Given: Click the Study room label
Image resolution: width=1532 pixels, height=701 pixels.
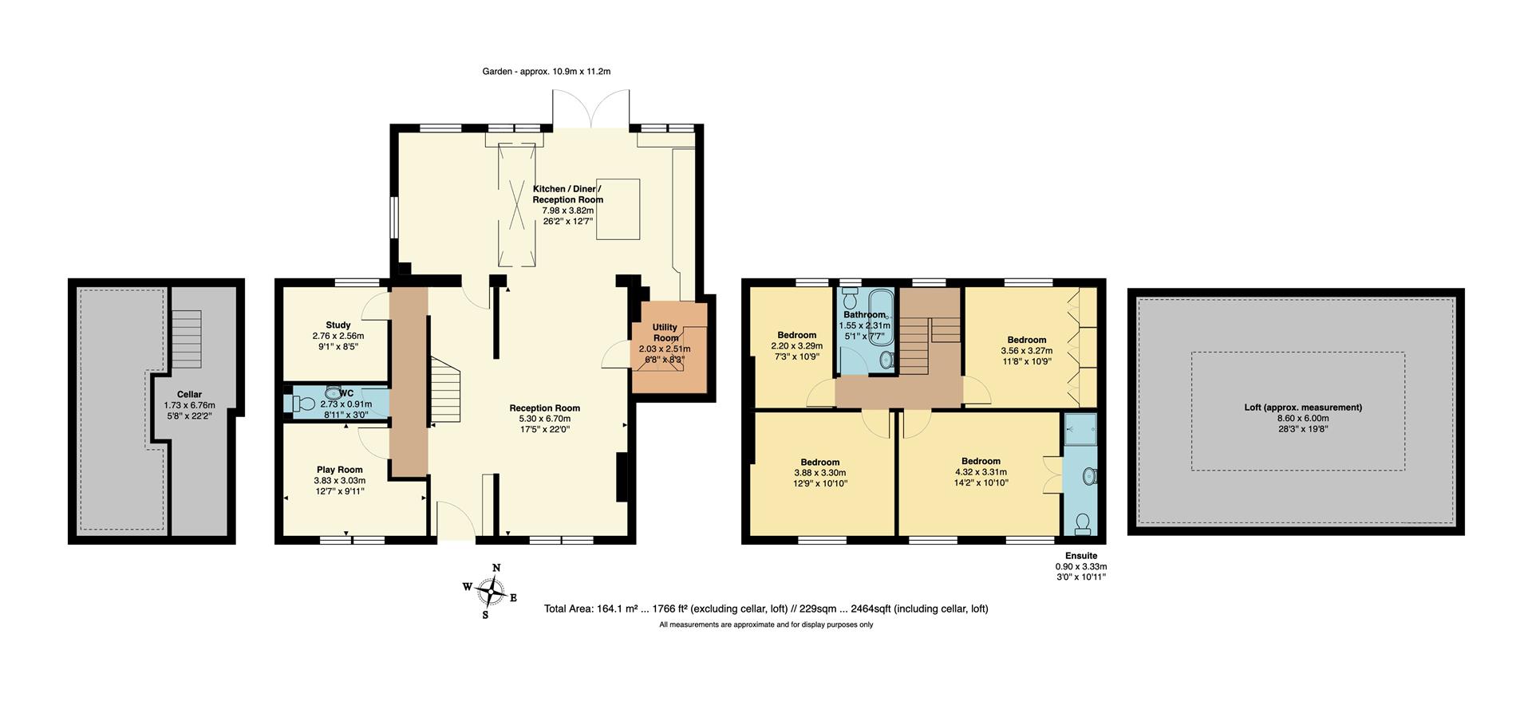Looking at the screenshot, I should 338,325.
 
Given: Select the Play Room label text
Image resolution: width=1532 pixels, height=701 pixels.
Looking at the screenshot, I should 339,470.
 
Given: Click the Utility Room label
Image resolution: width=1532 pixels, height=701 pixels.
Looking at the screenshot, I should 665,333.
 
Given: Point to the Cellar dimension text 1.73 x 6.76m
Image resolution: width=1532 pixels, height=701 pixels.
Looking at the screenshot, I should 189,405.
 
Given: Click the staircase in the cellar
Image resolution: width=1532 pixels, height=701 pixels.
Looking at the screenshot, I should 188,339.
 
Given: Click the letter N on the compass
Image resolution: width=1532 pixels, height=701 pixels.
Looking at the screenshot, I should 496,568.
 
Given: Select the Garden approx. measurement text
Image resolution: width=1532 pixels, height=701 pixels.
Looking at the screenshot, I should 546,72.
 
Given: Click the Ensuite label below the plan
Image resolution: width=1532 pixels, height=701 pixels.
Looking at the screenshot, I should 1080,556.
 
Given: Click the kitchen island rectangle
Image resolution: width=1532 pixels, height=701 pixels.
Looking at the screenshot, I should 618,209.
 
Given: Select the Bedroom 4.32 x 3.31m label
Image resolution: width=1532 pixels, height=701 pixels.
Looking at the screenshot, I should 981,461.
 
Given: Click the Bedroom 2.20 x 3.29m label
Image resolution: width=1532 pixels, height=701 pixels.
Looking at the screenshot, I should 796,335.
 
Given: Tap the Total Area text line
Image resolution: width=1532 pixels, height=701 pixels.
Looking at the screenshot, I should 766,608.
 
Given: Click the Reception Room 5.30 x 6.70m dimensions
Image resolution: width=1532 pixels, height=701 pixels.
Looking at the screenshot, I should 544,419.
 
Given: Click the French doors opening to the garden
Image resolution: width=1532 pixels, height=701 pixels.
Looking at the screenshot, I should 591,112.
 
